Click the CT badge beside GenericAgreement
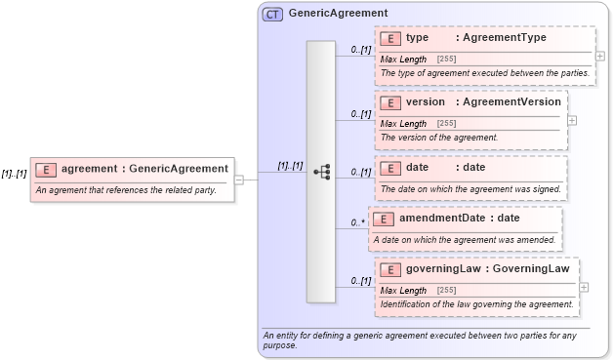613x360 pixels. coord(272,14)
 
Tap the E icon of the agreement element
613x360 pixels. coord(45,169)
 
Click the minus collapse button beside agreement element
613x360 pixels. coord(238,180)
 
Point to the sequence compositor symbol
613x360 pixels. coord(322,172)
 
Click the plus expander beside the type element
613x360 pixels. coord(599,56)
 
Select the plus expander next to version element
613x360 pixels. coord(572,120)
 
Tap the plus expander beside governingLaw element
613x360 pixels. coord(584,287)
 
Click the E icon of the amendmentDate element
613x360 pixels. coord(383,219)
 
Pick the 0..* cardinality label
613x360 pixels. coord(357,223)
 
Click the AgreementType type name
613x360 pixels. coord(505,38)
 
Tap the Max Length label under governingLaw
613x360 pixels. coord(403,291)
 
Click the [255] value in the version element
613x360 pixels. coord(446,124)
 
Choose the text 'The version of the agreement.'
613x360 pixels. coord(439,138)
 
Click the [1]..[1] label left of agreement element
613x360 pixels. coord(14,174)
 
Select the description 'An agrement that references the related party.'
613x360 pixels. coord(125,189)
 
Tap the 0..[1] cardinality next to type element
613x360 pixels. coord(361,50)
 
